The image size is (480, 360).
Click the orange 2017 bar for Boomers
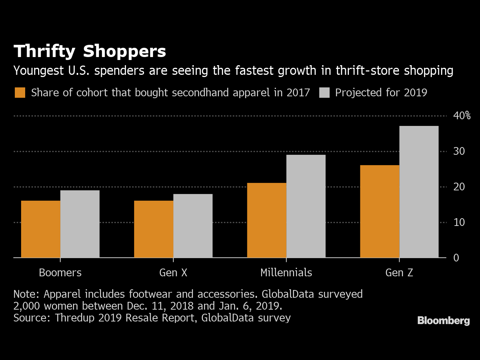[x=41, y=229]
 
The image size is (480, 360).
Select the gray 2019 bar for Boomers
[x=80, y=224]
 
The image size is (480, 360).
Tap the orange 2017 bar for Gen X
[x=154, y=229]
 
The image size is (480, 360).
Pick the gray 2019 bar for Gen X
[x=193, y=226]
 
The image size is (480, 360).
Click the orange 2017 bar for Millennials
[x=267, y=220]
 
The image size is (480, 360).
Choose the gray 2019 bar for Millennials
[x=306, y=206]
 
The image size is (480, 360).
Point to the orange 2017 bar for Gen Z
[x=380, y=211]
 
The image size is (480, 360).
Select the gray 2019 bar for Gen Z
[x=419, y=192]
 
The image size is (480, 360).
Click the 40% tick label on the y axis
[x=462, y=116]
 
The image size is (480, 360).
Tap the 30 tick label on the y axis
[x=459, y=151]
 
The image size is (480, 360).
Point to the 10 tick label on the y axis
[x=459, y=222]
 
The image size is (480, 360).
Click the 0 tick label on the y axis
[x=456, y=258]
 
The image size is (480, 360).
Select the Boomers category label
[x=60, y=273]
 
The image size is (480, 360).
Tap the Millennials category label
[x=286, y=273]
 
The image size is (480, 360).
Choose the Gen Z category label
[x=399, y=273]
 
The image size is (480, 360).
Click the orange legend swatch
[x=20, y=93]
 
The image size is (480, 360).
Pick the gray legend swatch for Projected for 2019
[x=324, y=93]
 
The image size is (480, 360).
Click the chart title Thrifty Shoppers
[x=90, y=51]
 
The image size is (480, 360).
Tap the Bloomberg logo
[x=444, y=321]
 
